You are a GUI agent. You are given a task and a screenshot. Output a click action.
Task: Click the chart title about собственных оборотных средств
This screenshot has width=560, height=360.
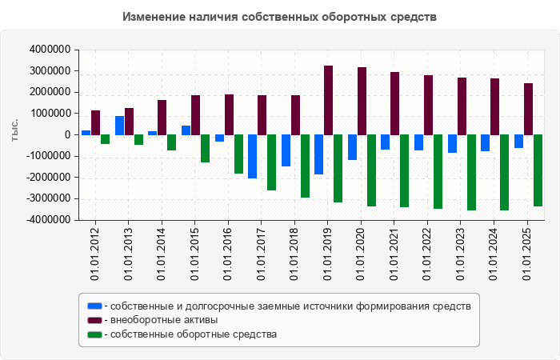[x=280, y=17]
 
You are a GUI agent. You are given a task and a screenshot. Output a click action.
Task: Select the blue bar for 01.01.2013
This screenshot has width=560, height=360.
[x=119, y=126]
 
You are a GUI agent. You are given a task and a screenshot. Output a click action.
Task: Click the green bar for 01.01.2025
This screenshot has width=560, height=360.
[x=538, y=170]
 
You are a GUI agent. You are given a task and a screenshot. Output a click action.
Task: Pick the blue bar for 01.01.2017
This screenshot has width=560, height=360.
[x=252, y=156]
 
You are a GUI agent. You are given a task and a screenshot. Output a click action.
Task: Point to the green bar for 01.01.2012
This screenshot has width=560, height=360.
[x=105, y=139]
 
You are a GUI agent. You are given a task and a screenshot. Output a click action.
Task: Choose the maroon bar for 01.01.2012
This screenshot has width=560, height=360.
[x=95, y=122]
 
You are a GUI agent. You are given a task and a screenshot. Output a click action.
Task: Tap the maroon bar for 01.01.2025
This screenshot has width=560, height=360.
[x=528, y=109]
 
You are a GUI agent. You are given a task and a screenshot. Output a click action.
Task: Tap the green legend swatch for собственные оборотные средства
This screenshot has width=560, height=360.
[x=95, y=334]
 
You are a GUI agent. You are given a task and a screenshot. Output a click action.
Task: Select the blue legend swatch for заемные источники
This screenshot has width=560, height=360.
[x=95, y=306]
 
